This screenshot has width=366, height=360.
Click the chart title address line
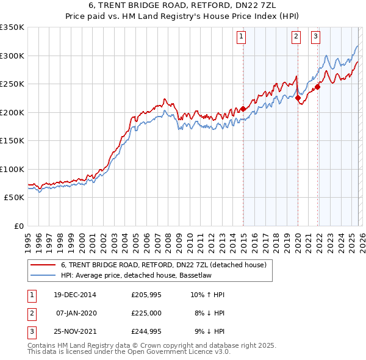coord(183,5)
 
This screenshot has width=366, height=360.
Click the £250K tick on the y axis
coord(12,84)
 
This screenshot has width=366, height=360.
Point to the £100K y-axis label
coord(12,169)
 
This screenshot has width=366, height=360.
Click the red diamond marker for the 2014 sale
coord(243,109)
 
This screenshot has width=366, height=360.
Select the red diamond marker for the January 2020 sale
coord(298,98)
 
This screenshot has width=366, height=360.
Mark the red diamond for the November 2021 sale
coord(318,87)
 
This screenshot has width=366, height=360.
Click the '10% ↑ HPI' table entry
coord(207,295)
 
